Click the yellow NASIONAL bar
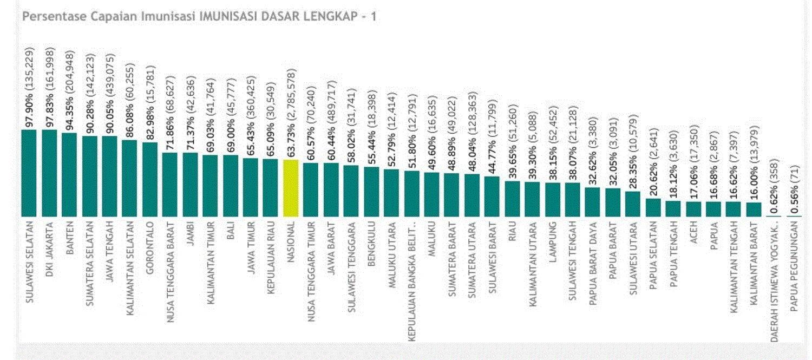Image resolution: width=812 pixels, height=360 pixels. (x=291, y=188)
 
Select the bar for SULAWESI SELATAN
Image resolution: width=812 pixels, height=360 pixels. (x=29, y=173)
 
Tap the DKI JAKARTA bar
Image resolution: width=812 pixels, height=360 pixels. (x=49, y=173)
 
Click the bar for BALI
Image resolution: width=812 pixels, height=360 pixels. (x=231, y=186)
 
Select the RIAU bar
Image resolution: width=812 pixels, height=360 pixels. (x=512, y=199)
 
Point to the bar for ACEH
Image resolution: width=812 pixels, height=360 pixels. (x=693, y=209)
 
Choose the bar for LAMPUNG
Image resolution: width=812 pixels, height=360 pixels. (x=553, y=200)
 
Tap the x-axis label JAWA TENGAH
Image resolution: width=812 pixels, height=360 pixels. (x=110, y=246)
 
